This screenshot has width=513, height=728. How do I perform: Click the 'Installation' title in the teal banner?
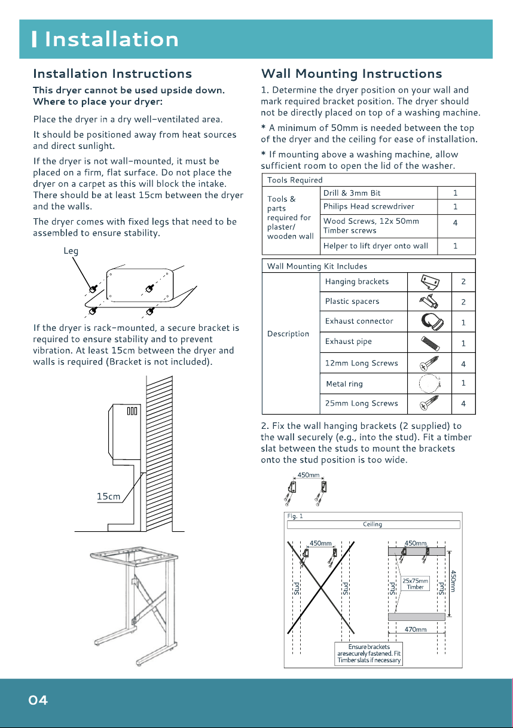[x=111, y=39]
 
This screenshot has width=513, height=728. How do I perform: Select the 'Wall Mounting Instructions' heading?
[x=352, y=74]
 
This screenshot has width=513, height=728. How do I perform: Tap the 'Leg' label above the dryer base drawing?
[x=71, y=251]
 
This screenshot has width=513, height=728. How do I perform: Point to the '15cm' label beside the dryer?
[x=108, y=496]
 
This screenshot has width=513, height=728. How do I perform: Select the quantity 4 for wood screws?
[x=455, y=223]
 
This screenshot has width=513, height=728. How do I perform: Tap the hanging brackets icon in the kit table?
[x=430, y=282]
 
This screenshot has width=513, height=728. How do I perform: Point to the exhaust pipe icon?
[x=430, y=343]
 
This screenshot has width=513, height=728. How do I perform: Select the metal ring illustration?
[x=429, y=384]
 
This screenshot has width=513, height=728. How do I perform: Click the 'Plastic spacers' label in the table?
[x=352, y=301]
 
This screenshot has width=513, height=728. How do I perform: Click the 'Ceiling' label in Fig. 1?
[x=372, y=524]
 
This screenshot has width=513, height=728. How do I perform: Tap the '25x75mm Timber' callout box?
[x=415, y=584]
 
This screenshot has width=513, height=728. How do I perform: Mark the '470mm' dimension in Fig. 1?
[x=416, y=629]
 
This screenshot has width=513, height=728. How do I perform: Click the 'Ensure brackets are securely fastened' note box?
[x=369, y=654]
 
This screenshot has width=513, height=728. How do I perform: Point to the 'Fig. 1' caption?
[x=295, y=516]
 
